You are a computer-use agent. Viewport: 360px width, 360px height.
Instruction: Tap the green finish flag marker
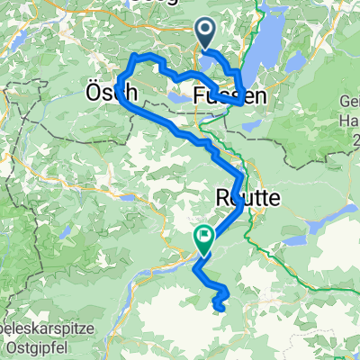[203, 238]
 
